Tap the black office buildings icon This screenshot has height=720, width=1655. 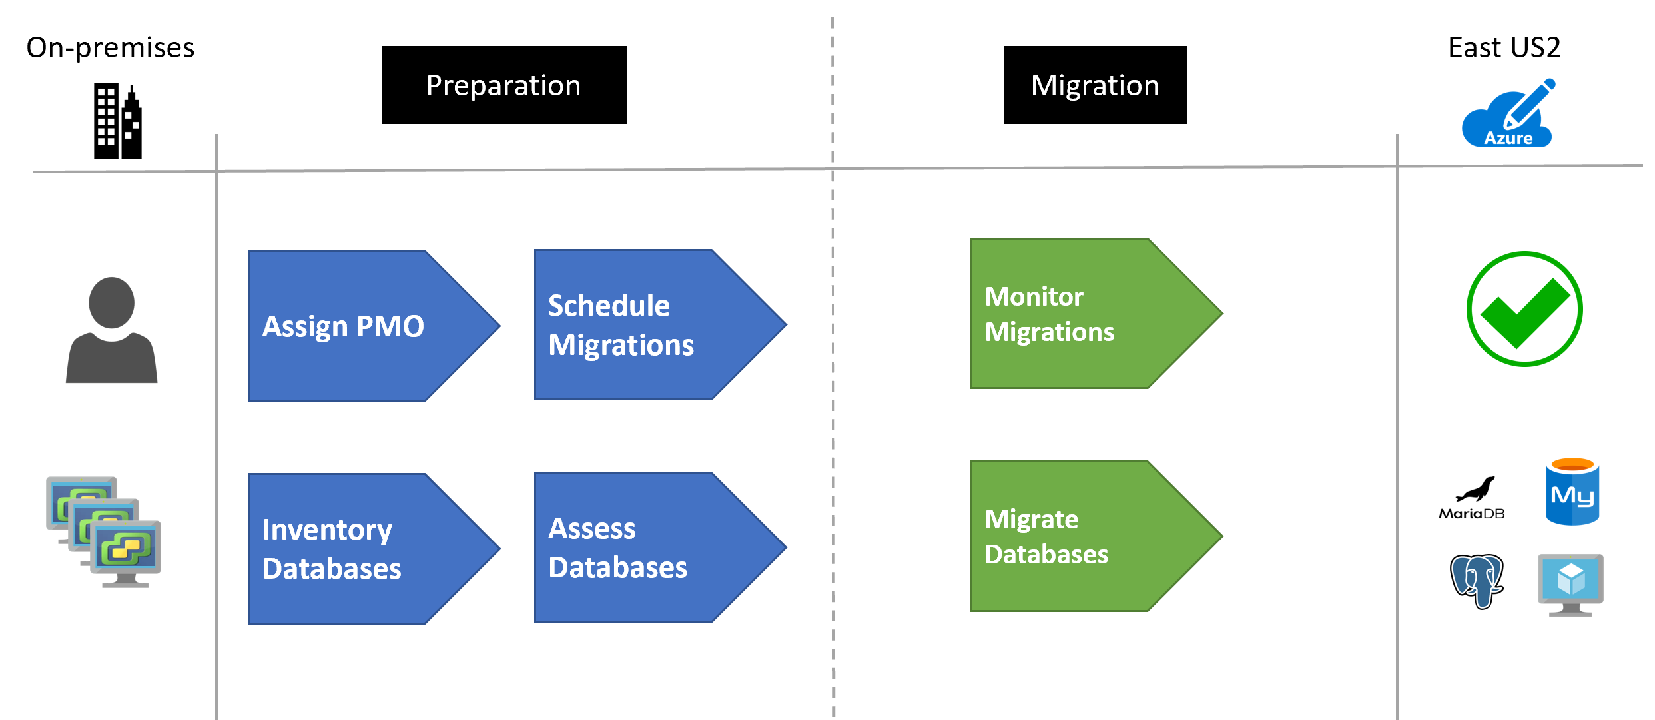(118, 121)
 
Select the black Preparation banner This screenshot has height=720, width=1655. (503, 85)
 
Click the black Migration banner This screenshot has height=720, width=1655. (1095, 85)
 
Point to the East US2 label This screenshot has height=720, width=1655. (1504, 47)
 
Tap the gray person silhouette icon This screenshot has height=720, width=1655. (112, 330)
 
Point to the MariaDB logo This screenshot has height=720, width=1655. (1472, 498)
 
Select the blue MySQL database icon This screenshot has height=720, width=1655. (1572, 492)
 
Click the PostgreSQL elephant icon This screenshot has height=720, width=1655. (1477, 581)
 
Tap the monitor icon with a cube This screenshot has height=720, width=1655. (1570, 585)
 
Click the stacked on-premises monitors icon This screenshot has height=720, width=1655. (104, 532)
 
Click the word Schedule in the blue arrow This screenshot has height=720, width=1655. (609, 306)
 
